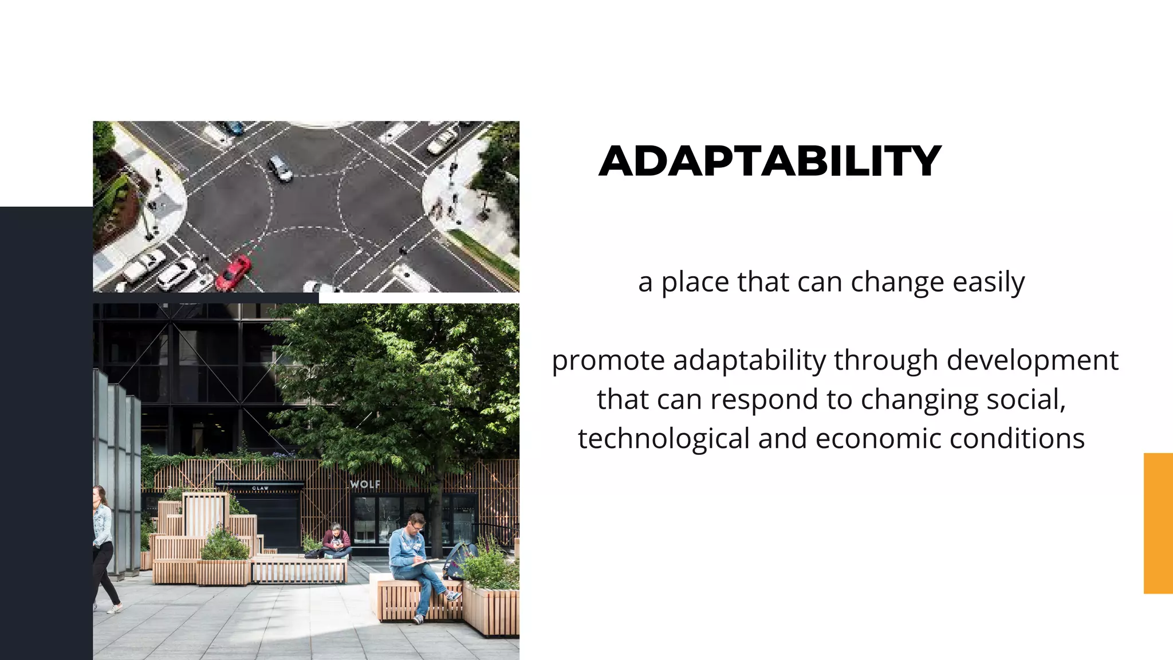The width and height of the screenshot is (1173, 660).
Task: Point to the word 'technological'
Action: [x=664, y=439]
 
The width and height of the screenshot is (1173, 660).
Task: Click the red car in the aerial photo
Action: [x=233, y=273]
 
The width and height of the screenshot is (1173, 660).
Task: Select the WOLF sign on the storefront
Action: [x=365, y=484]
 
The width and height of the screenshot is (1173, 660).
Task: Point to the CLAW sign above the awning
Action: [x=260, y=488]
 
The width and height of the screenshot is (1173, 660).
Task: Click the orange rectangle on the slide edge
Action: [x=1158, y=522]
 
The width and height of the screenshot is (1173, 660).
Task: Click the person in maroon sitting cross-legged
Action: [x=336, y=541]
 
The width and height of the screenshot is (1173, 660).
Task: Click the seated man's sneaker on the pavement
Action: [x=418, y=619]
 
